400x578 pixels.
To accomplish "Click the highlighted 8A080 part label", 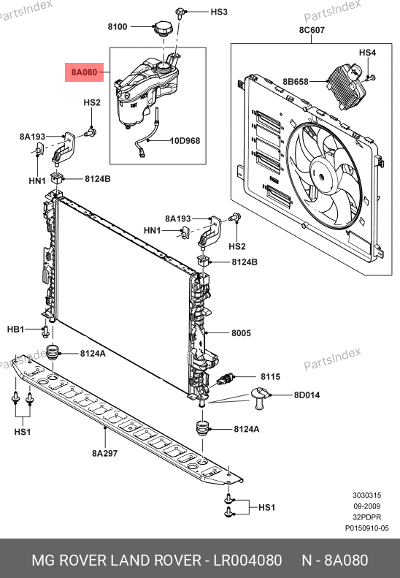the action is (x=85, y=72).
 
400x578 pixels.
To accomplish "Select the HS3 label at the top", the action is (x=219, y=12).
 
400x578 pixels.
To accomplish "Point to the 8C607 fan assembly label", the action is (x=312, y=30).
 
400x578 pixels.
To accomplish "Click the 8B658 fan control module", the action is (x=346, y=86).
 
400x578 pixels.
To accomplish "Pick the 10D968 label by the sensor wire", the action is (x=185, y=141).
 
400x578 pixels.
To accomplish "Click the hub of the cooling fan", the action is (x=323, y=176).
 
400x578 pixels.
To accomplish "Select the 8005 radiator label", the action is (x=241, y=333).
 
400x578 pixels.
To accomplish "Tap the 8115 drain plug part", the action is (x=224, y=379).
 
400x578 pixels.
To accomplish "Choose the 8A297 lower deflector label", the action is (x=104, y=453).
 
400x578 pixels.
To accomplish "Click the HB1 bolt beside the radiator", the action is (x=46, y=332).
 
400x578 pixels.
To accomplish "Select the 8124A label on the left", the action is (x=93, y=354).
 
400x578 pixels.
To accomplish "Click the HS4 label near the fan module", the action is (x=367, y=53).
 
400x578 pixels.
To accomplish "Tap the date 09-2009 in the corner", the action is (x=367, y=506).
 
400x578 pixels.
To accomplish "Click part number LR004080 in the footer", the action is (x=248, y=560).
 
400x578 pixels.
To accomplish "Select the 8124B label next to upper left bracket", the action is (x=98, y=179).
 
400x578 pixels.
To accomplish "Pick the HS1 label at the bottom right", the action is (x=266, y=508).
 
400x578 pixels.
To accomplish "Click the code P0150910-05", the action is (x=366, y=528).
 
